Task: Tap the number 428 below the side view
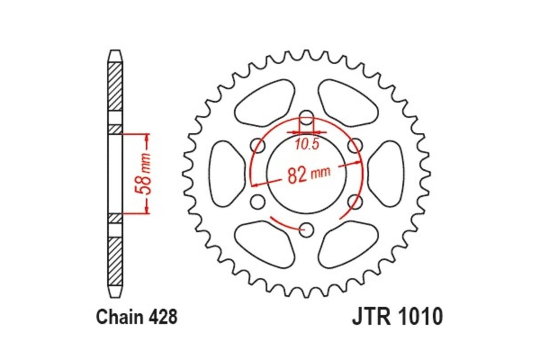tap(162, 317)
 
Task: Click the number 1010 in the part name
tap(421, 317)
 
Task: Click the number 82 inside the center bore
tap(297, 175)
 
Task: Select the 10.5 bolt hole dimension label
tap(307, 144)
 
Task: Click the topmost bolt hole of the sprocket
tap(306, 116)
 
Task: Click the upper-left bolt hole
tap(257, 144)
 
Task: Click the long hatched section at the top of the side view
tap(115, 85)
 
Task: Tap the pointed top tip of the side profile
tap(115, 51)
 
